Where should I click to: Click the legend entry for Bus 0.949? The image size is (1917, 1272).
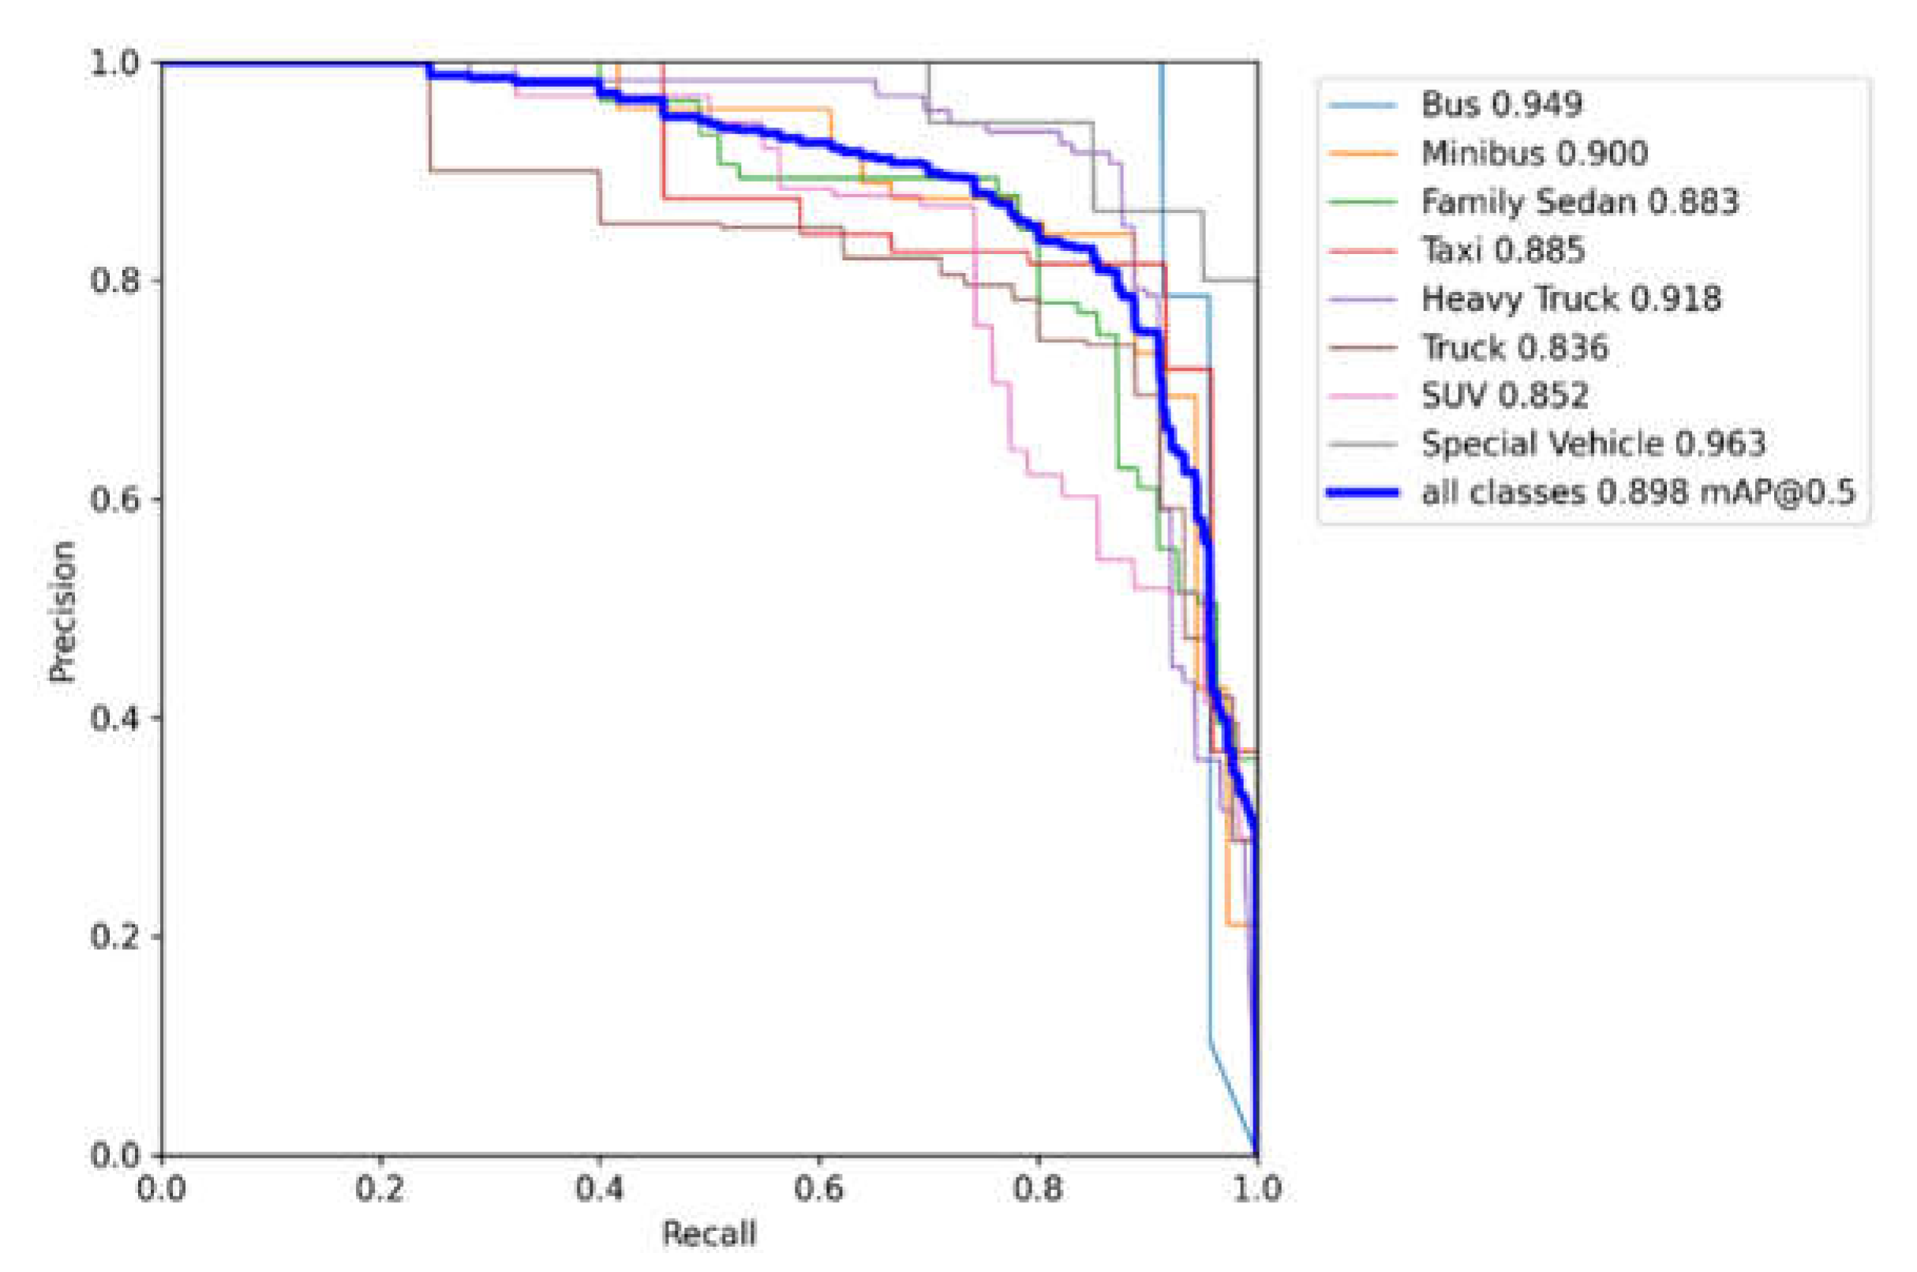pyautogui.click(x=1501, y=105)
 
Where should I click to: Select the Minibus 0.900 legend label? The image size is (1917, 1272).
pyautogui.click(x=1534, y=153)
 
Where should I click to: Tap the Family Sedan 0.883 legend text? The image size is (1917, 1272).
pyautogui.click(x=1579, y=202)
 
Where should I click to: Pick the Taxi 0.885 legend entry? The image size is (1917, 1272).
pyautogui.click(x=1503, y=250)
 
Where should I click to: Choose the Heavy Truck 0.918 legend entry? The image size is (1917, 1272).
pyautogui.click(x=1571, y=298)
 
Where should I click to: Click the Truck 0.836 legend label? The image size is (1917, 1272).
pyautogui.click(x=1514, y=347)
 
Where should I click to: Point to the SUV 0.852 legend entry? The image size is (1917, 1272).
pyautogui.click(x=1504, y=396)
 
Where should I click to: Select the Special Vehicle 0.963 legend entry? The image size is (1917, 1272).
pyautogui.click(x=1593, y=443)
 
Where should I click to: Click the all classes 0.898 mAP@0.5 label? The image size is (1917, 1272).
pyautogui.click(x=1638, y=492)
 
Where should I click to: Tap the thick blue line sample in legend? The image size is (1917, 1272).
pyautogui.click(x=1363, y=492)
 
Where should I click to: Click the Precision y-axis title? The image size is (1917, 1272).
pyautogui.click(x=62, y=612)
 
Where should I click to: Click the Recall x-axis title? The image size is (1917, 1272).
pyautogui.click(x=709, y=1234)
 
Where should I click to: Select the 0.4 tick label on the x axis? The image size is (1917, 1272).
pyautogui.click(x=600, y=1189)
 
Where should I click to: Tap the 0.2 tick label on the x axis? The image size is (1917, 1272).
pyautogui.click(x=380, y=1189)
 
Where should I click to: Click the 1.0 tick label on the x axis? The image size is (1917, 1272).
pyautogui.click(x=1256, y=1189)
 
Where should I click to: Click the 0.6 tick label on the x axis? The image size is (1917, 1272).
pyautogui.click(x=818, y=1189)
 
